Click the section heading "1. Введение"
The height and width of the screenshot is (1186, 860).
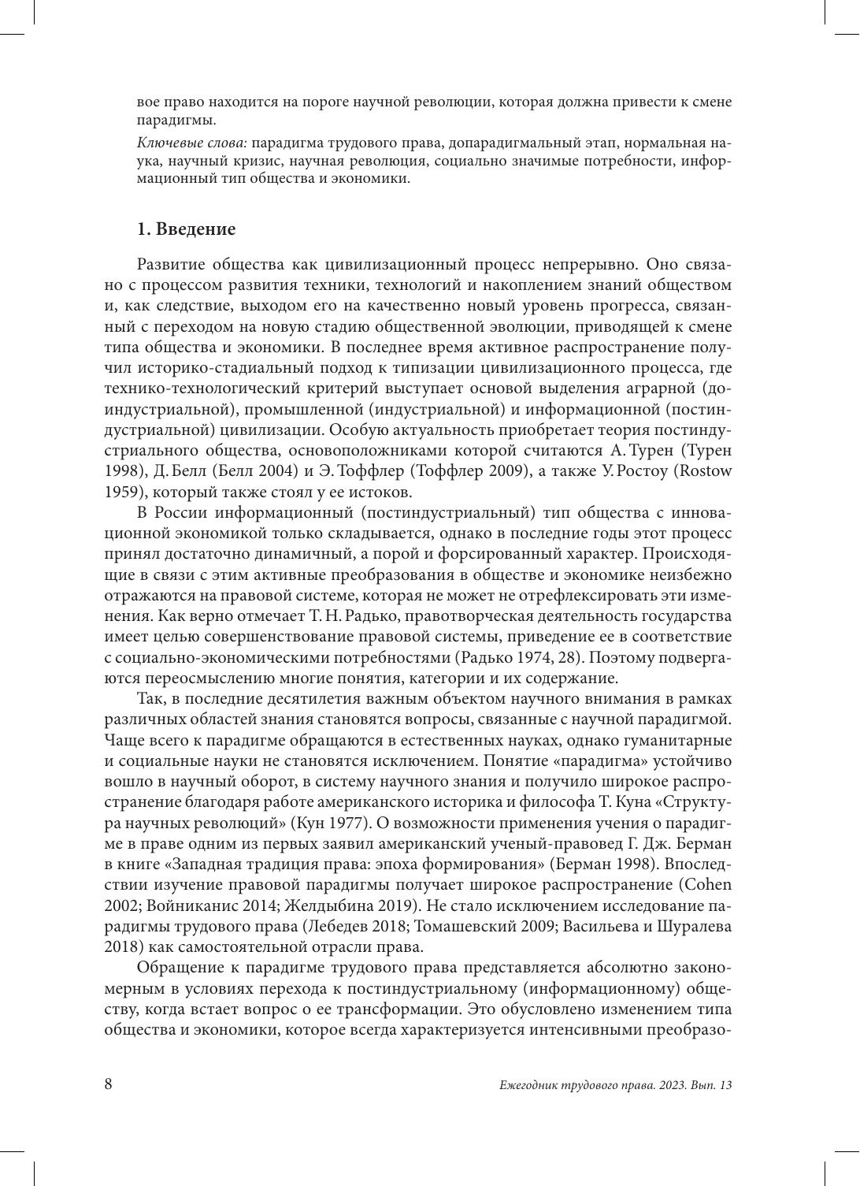coord(186,229)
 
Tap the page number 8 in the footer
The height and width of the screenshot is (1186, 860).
coord(109,1084)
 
